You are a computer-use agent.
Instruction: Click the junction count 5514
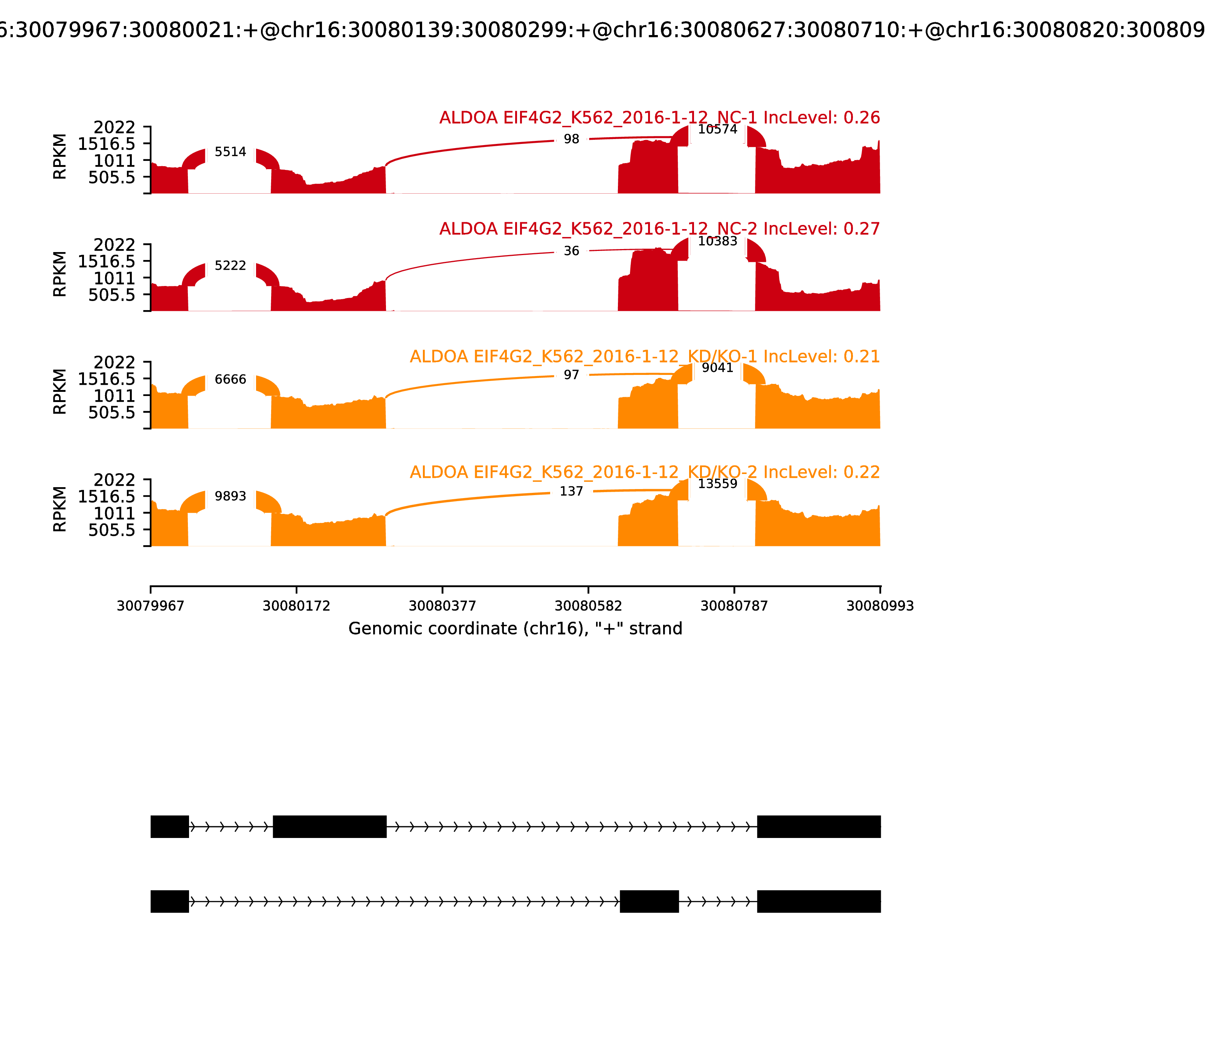click(x=230, y=152)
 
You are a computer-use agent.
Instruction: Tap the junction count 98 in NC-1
click(x=571, y=139)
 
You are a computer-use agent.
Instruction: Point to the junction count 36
click(x=571, y=251)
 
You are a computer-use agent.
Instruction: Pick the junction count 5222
click(x=230, y=266)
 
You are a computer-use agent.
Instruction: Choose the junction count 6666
click(x=230, y=379)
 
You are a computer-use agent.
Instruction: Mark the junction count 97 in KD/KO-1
click(x=571, y=375)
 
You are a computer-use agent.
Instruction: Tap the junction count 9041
click(x=717, y=368)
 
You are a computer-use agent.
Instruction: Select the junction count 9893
click(x=230, y=496)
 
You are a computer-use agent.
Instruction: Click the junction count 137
click(x=571, y=491)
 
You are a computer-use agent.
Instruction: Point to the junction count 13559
click(x=717, y=484)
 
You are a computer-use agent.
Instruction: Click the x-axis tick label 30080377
click(x=442, y=606)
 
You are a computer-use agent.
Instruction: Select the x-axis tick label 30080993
click(x=880, y=606)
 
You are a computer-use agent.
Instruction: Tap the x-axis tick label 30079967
click(x=151, y=606)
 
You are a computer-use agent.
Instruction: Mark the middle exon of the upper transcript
click(x=329, y=827)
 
